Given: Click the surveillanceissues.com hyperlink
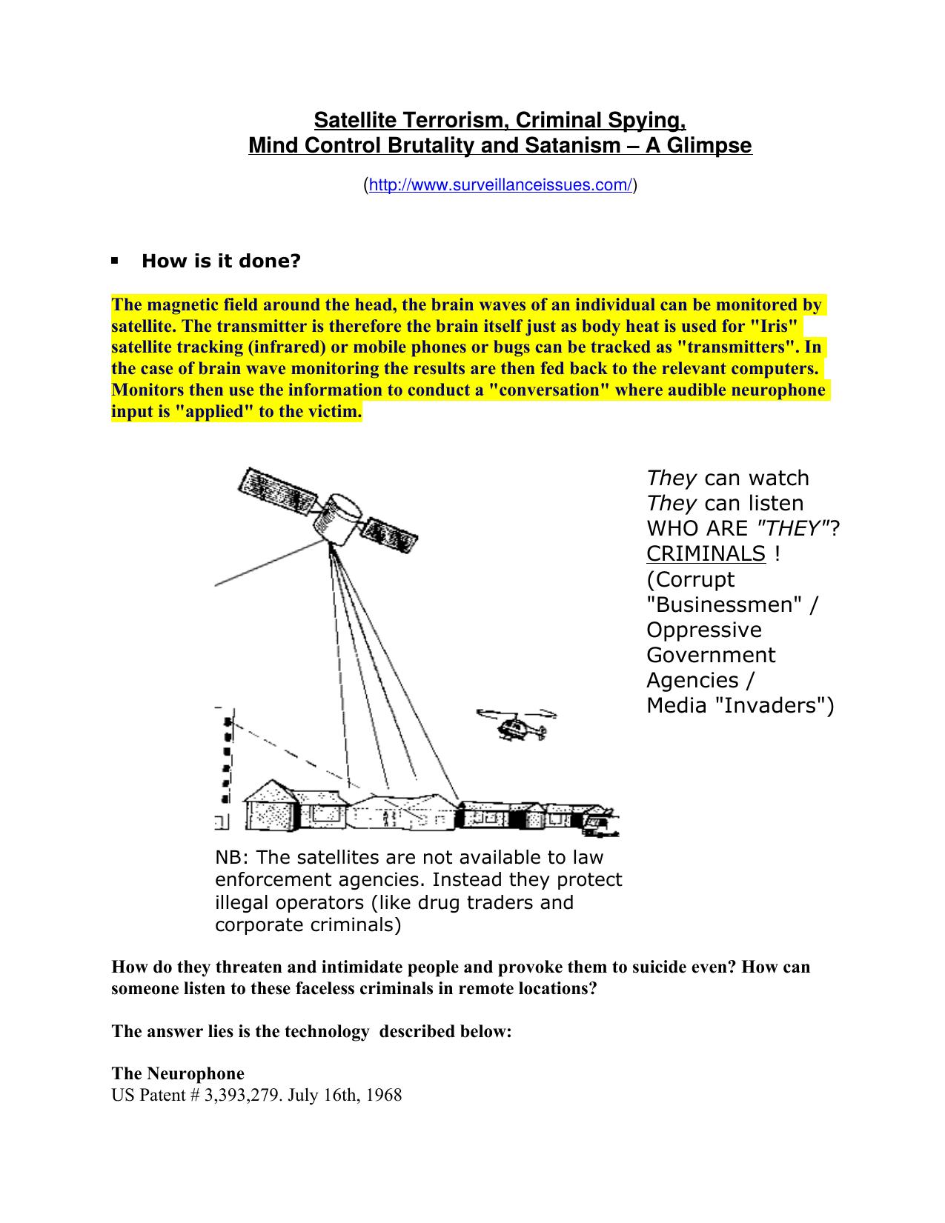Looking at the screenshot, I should point(500,185).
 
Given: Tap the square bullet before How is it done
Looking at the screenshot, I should point(115,261).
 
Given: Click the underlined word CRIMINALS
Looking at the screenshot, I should point(705,553).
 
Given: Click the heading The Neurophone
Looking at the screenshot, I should point(178,1073).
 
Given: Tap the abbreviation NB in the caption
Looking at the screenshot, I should point(231,857).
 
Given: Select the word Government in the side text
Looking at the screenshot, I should point(710,655).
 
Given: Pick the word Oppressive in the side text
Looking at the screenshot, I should point(703,630).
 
